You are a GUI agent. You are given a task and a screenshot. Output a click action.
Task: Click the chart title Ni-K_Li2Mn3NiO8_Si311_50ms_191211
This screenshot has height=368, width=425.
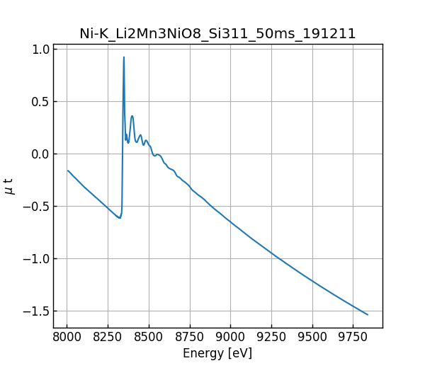tap(217, 33)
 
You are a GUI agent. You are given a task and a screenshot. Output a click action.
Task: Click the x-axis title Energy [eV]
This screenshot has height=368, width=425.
tap(217, 353)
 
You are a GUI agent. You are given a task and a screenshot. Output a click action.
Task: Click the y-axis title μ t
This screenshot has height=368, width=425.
tap(9, 186)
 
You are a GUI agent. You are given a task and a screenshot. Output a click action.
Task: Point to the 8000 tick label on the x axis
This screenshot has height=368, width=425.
tap(67, 337)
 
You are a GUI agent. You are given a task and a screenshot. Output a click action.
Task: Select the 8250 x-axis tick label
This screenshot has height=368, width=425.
tap(108, 337)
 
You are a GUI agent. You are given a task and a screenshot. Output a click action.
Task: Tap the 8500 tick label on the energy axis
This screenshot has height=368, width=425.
tap(149, 337)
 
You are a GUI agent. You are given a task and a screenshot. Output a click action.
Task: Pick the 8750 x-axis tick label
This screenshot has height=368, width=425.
tap(190, 337)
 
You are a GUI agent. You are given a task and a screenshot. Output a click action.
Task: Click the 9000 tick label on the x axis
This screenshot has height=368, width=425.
tap(231, 337)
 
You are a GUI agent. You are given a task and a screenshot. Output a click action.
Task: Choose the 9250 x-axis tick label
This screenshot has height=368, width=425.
tap(272, 337)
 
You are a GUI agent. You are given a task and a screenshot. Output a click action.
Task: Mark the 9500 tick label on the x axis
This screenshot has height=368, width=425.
tap(313, 337)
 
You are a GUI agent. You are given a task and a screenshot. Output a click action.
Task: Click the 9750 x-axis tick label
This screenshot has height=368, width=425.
tap(354, 337)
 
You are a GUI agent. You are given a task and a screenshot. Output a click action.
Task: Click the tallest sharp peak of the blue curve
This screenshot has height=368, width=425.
tap(124, 57)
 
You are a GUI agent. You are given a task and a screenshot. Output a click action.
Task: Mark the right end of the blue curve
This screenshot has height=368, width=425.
tap(368, 315)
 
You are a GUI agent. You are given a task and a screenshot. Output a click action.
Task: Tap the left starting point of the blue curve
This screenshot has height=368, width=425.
tap(68, 171)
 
